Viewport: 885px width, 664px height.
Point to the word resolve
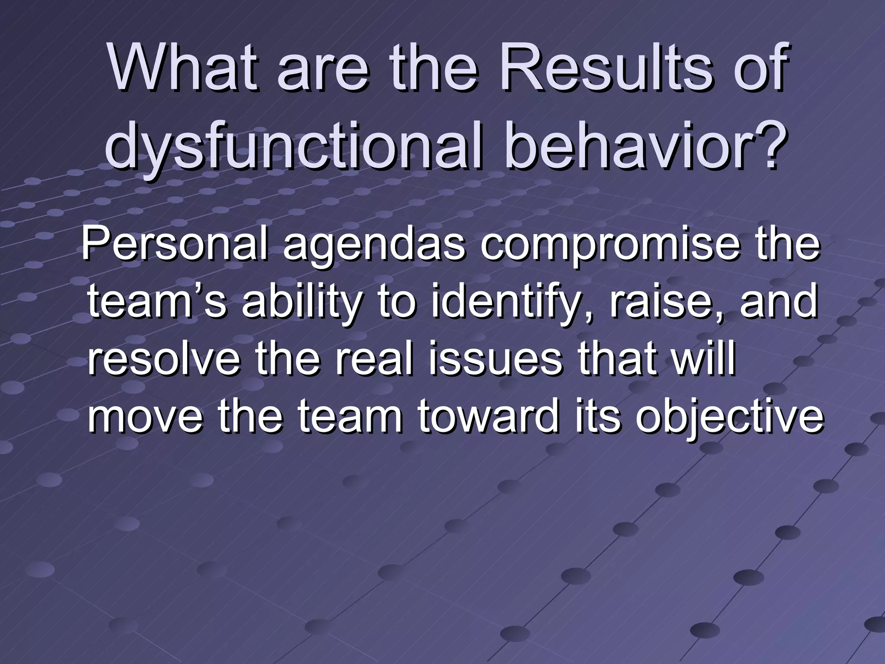(x=164, y=359)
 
